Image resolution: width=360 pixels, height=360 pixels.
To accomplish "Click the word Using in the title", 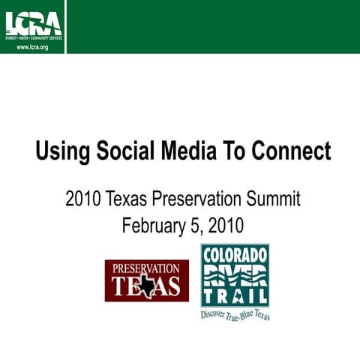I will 62,151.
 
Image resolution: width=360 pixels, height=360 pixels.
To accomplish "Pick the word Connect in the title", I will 289,151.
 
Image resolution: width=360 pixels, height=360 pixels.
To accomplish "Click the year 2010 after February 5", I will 226,225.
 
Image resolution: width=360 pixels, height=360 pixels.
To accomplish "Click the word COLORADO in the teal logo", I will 234,255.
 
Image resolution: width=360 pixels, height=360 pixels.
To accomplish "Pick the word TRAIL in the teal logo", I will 234,296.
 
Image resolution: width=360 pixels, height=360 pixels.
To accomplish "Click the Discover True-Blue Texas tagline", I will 235,313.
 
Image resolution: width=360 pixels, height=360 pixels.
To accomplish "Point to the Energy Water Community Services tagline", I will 33,37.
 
